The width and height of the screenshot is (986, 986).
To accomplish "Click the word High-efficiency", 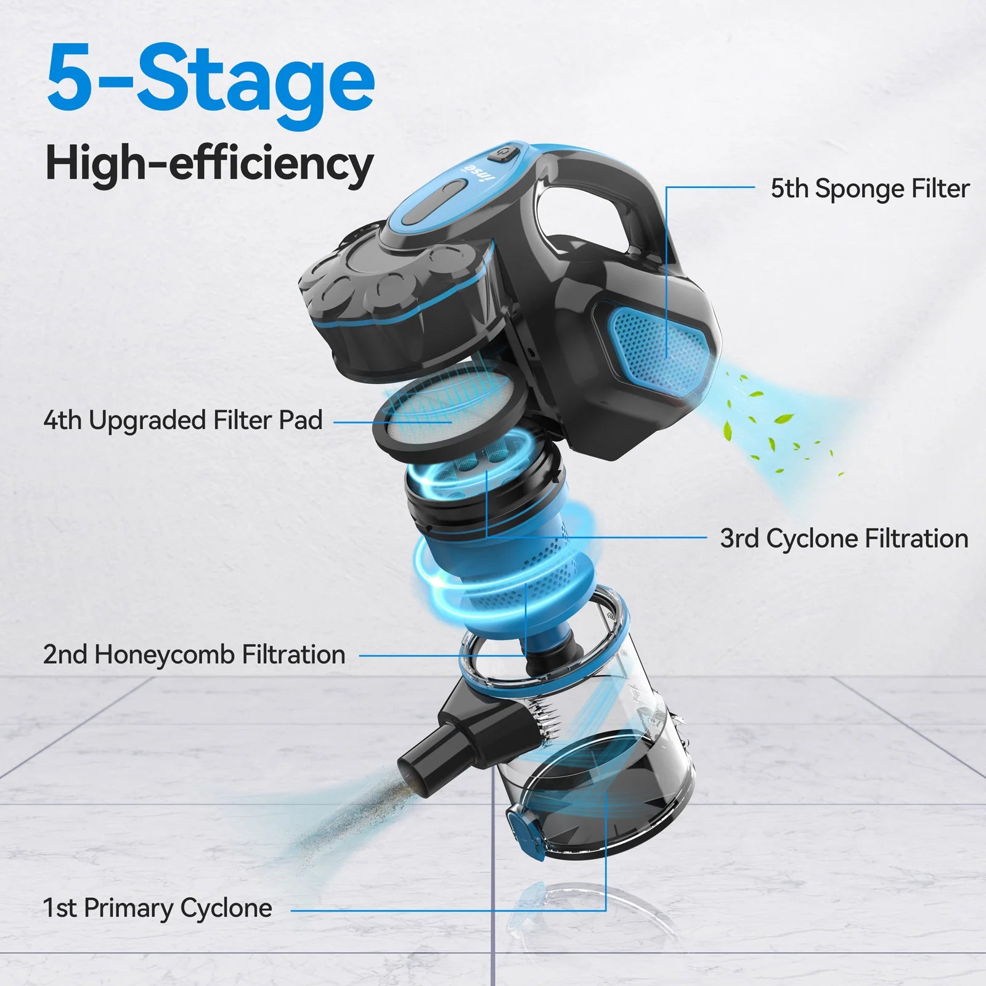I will [x=210, y=163].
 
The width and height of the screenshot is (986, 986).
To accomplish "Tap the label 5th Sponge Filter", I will [x=870, y=189].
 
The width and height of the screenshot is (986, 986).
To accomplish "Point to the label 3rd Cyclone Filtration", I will [x=844, y=538].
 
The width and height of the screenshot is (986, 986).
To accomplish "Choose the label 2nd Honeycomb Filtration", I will [x=194, y=654].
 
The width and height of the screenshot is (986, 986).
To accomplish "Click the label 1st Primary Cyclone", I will [x=157, y=908].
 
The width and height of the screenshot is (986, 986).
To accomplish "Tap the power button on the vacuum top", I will [x=504, y=152].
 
